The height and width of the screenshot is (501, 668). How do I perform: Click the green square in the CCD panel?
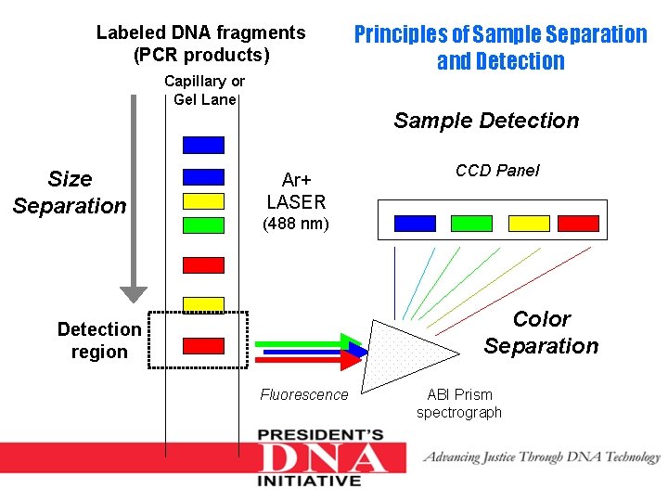(x=471, y=223)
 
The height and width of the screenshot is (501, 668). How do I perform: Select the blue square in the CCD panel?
(x=415, y=223)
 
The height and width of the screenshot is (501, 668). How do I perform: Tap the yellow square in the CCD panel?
(x=529, y=223)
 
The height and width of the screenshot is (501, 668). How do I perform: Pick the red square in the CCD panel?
(x=578, y=223)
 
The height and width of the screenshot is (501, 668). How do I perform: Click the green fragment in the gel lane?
(x=203, y=225)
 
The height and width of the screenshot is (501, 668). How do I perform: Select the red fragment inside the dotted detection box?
(x=203, y=346)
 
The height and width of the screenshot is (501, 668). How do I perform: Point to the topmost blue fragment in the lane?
(x=203, y=145)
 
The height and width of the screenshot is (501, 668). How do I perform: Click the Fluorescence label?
(x=304, y=395)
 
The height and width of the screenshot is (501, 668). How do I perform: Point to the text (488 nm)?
(x=296, y=224)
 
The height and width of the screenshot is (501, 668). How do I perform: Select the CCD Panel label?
(x=497, y=171)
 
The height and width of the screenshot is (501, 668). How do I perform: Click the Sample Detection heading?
(x=486, y=121)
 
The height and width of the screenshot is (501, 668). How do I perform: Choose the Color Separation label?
(x=541, y=332)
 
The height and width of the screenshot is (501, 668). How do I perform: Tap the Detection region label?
(x=99, y=340)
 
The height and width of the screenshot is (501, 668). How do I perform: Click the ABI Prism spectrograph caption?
(x=459, y=404)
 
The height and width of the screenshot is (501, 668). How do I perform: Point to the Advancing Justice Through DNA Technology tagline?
(x=542, y=456)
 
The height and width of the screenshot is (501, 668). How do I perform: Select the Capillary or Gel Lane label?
(x=205, y=90)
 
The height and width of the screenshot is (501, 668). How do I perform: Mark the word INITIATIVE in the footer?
(x=310, y=481)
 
